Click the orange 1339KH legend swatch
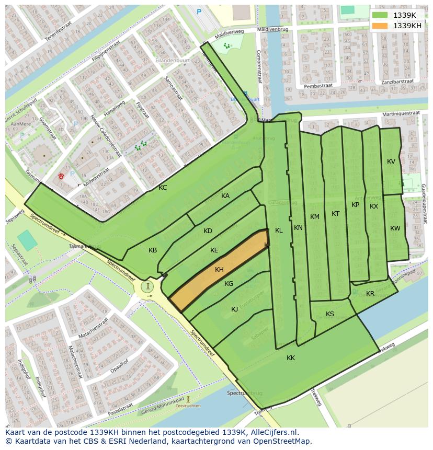coord(381,26)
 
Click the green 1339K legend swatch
coord(381,15)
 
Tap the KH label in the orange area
coord(219,270)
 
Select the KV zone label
coord(391,161)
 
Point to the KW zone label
coord(395,228)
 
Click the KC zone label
coord(163,187)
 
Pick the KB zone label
coord(153,250)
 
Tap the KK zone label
coord(291,358)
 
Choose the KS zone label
coord(330,314)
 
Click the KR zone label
coord(370,294)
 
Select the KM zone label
coord(314,217)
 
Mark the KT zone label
coord(335,214)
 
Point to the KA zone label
coord(225,196)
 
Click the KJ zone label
coord(235,309)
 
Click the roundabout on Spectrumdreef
coord(149,286)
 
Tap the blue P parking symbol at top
coord(199,11)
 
